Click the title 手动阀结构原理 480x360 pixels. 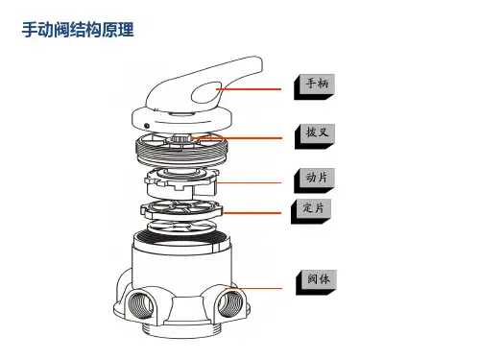(x=78, y=30)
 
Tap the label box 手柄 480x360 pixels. (x=315, y=86)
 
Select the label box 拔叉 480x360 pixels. (x=315, y=136)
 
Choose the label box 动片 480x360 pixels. (x=315, y=180)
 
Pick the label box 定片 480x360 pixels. (x=311, y=211)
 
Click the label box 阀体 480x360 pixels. (x=316, y=282)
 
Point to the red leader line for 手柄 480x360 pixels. (x=249, y=89)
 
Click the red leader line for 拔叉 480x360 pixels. (x=237, y=138)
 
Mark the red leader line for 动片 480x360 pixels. (x=249, y=182)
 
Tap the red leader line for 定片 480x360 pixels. (x=252, y=213)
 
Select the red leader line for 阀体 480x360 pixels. (x=253, y=289)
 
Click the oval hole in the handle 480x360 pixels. (x=206, y=93)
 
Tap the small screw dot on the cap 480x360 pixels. (x=147, y=126)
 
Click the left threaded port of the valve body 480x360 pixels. (x=140, y=305)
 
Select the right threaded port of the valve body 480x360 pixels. (x=230, y=304)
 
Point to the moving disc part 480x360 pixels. (x=181, y=182)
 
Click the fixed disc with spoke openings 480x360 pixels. (x=181, y=209)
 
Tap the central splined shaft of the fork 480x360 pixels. (x=180, y=138)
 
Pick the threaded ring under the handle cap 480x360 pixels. (x=181, y=150)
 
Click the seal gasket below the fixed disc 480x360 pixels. (x=181, y=227)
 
